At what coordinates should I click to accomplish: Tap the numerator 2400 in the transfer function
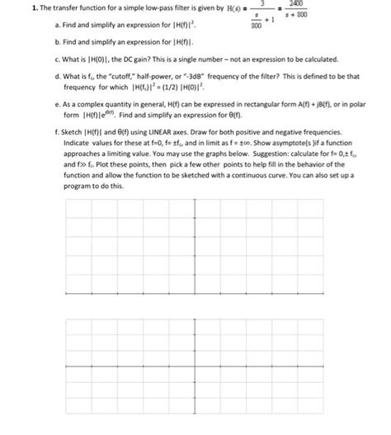pos(294,4)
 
